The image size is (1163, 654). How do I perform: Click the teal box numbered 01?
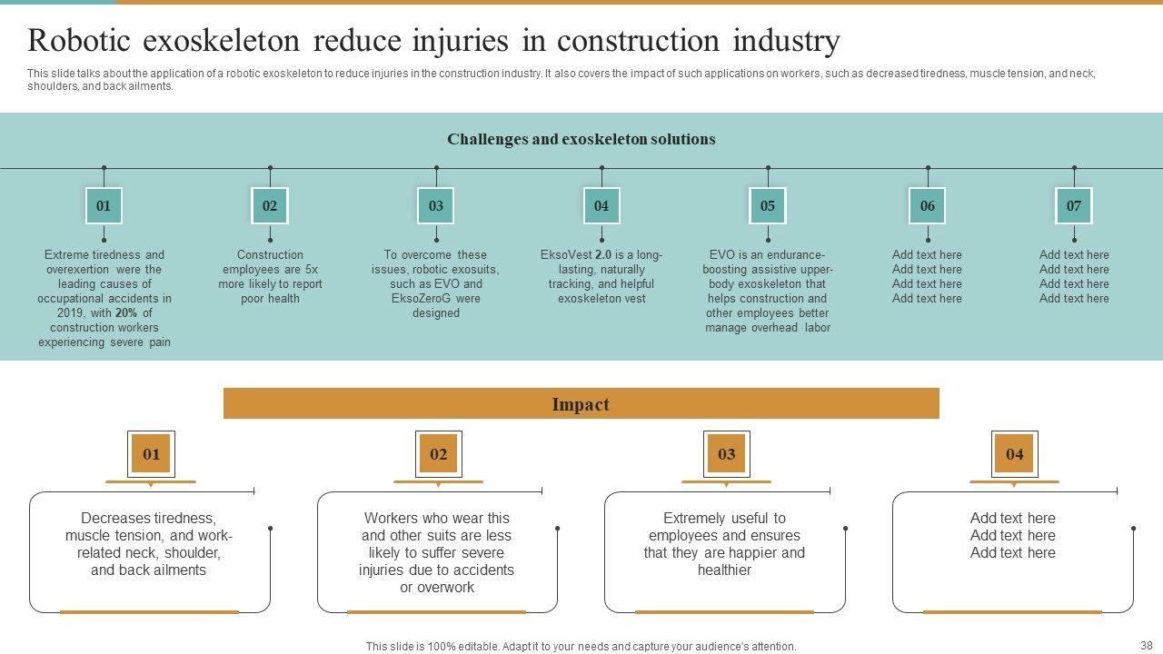tap(104, 205)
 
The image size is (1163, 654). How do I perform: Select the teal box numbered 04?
tap(601, 205)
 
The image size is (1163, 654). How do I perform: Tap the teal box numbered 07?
tap(1074, 205)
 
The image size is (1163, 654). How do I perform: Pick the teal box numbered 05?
tap(768, 205)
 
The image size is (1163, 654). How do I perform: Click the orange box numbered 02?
tap(439, 454)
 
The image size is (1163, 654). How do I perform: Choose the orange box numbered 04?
tap(1015, 454)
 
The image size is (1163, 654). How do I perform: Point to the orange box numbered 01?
tap(151, 454)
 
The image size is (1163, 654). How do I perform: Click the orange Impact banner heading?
tap(581, 404)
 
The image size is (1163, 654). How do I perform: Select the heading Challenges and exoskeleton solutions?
tap(581, 139)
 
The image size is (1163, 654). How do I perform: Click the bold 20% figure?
tap(126, 313)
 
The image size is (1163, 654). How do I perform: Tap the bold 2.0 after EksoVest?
tap(602, 255)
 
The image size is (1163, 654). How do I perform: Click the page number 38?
tap(1147, 645)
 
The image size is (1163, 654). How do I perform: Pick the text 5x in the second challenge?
tap(312, 270)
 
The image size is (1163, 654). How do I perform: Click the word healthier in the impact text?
tap(724, 570)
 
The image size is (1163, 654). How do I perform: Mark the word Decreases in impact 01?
tap(112, 518)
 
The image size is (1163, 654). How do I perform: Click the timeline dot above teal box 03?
tap(436, 168)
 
